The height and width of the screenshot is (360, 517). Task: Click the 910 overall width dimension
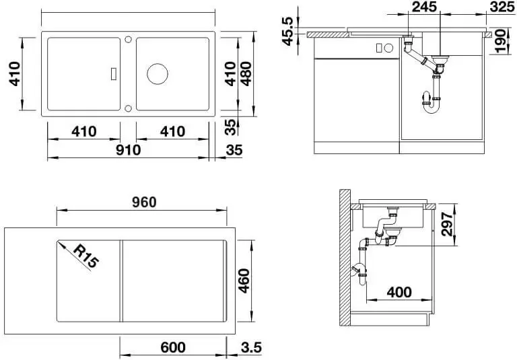[x=129, y=150]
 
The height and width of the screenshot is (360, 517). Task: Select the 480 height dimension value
[x=246, y=74]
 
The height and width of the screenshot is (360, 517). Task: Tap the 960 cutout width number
[x=144, y=202]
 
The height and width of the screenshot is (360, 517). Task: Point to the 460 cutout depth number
[x=244, y=281]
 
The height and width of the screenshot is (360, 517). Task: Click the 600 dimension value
[x=173, y=347]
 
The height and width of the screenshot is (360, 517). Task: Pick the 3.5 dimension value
[x=251, y=347]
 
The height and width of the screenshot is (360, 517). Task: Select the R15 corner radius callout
[x=85, y=256]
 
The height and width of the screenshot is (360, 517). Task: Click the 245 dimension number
[x=424, y=7]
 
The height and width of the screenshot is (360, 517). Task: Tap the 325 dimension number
[x=502, y=7]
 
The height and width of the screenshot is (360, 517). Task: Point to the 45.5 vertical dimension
[x=287, y=32]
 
